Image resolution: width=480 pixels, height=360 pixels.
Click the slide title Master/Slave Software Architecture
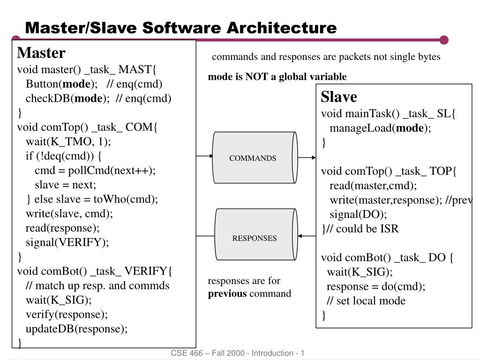coord(180,28)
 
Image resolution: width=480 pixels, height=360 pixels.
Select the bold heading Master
coord(41,53)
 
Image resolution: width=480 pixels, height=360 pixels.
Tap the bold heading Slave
coord(338,97)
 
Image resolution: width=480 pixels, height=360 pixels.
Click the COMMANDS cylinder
coord(253,158)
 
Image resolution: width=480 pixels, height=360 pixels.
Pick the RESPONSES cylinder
coord(255,238)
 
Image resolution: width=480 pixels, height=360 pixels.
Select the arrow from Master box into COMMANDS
coord(204,156)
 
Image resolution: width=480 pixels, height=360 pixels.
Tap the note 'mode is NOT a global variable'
coord(277,76)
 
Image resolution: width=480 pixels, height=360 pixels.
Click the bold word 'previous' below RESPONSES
coord(227,294)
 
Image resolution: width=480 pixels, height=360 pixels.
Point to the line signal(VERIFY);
coord(67,242)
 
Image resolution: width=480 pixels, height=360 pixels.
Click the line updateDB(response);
coord(76,329)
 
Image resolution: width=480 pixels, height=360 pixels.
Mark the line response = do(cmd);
coord(376,286)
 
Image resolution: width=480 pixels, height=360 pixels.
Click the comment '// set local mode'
coord(366,301)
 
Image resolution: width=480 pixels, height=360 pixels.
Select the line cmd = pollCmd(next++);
coord(95,170)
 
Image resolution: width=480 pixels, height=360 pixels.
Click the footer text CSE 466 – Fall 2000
coord(208,353)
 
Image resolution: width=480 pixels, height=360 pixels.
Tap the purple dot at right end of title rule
coord(444,40)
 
